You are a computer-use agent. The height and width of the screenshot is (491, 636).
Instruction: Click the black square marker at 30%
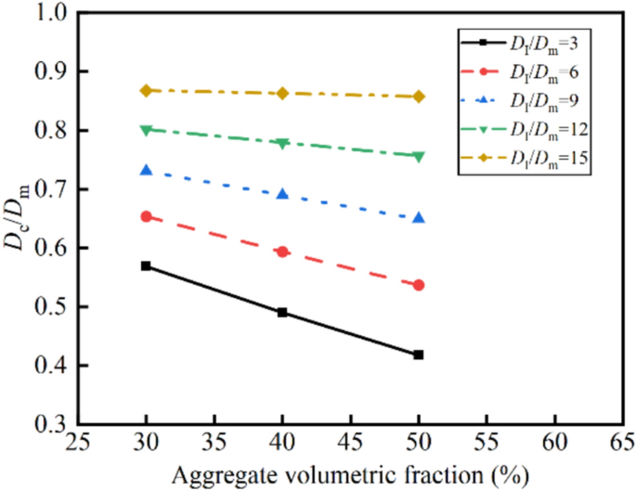coord(146,265)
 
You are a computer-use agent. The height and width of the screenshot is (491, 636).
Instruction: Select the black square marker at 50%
coord(419,355)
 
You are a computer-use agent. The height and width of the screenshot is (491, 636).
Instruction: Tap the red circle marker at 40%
coord(282,252)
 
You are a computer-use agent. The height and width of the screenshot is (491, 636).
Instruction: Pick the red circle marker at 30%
coord(146,216)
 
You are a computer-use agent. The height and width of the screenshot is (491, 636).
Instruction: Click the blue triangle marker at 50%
coord(419,217)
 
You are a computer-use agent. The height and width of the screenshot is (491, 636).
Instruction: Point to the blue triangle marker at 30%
coord(146,170)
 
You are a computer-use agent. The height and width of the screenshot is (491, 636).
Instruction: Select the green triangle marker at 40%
coord(282,143)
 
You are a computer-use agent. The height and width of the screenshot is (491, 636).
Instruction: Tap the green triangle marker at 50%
coord(419,157)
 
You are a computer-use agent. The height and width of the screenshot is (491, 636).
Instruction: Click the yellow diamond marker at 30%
coord(146,90)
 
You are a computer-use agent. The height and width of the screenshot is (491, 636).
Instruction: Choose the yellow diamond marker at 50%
coord(419,97)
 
